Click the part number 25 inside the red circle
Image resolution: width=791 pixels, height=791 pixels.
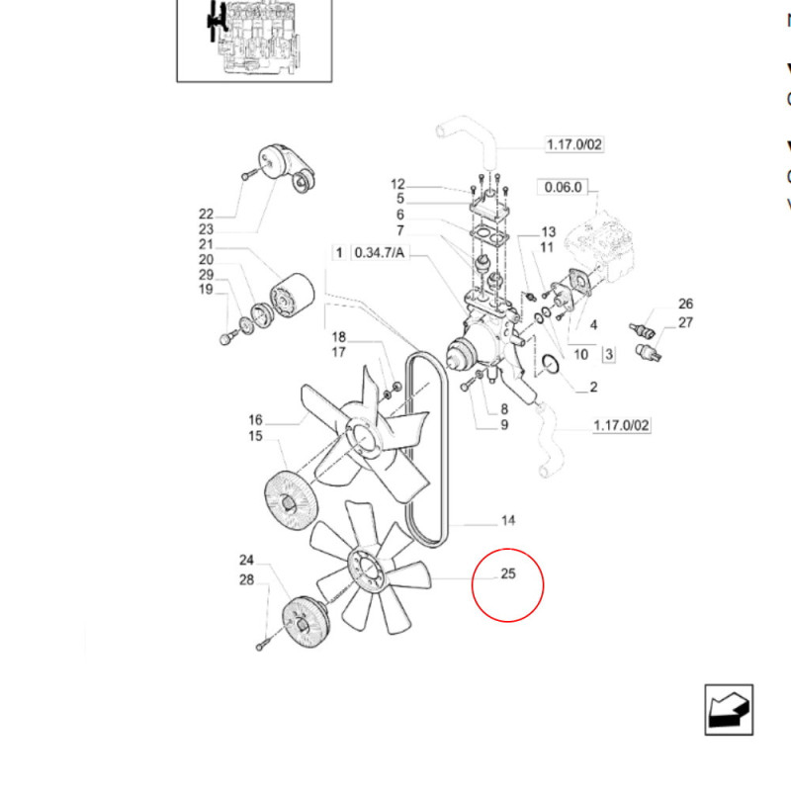pyautogui.click(x=508, y=574)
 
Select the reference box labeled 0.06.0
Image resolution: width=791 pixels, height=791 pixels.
pyautogui.click(x=563, y=187)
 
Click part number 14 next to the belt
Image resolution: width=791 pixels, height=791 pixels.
pyautogui.click(x=508, y=520)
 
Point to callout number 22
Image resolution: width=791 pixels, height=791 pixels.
pyautogui.click(x=206, y=214)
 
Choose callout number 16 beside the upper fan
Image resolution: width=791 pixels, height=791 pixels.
pyautogui.click(x=255, y=419)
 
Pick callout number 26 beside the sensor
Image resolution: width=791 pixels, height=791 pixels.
pyautogui.click(x=685, y=304)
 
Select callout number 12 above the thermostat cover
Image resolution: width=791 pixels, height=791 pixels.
pyautogui.click(x=397, y=184)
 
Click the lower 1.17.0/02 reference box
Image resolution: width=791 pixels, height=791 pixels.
pyautogui.click(x=621, y=426)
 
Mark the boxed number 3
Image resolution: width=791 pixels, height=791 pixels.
pyautogui.click(x=608, y=353)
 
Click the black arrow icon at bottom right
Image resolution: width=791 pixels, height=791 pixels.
pyautogui.click(x=729, y=710)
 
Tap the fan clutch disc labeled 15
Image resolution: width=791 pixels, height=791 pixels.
pyautogui.click(x=291, y=500)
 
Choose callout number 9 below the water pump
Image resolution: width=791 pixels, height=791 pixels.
pyautogui.click(x=504, y=425)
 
